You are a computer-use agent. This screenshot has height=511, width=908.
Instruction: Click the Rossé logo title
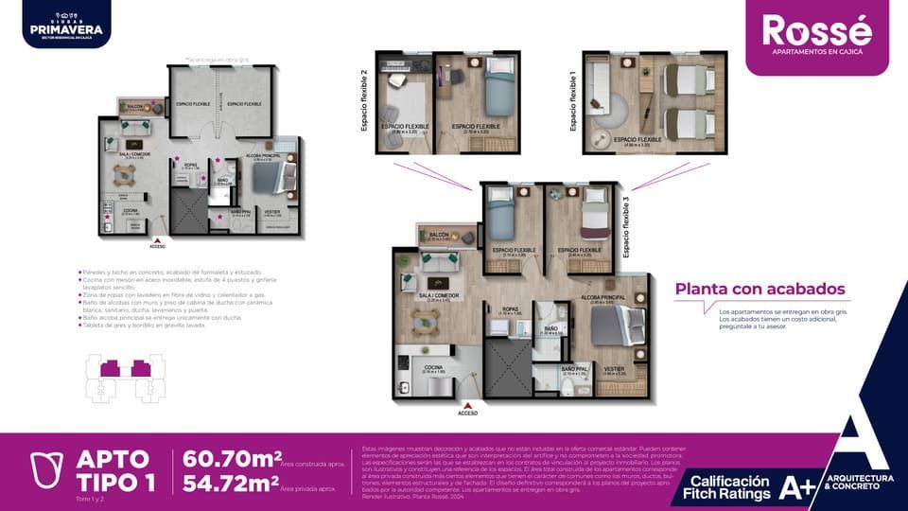[x=818, y=28]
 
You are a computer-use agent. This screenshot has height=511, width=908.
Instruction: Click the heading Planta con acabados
[x=760, y=290]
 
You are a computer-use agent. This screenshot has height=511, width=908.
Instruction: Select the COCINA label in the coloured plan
[x=434, y=366]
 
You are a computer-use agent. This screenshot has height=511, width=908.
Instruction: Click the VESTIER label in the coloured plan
[x=613, y=368]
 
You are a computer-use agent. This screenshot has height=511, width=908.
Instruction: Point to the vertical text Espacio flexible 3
[x=625, y=227]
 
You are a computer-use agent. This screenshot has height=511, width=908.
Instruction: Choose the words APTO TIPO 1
[x=112, y=470]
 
